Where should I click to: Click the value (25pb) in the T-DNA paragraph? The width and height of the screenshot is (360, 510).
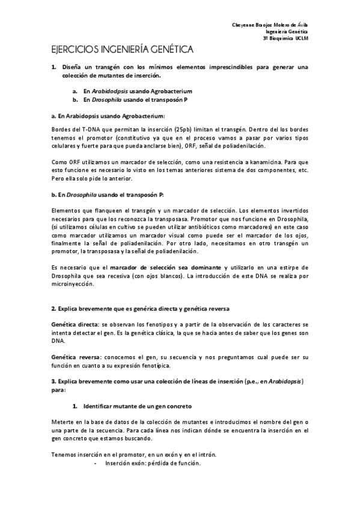[x=184, y=129]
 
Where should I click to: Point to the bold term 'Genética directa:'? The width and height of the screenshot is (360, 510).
[x=72, y=323]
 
